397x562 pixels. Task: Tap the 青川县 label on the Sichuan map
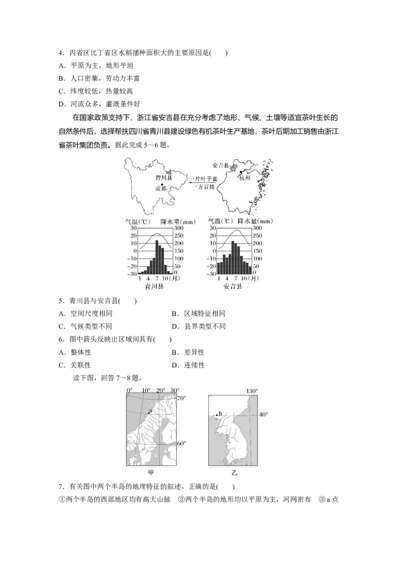163,177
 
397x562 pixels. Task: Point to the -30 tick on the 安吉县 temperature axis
211,274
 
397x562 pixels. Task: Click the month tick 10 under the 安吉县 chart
244,280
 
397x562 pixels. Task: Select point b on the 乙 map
217,415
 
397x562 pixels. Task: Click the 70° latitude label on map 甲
182,398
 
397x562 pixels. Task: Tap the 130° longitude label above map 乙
252,391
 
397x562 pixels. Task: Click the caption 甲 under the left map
151,473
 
